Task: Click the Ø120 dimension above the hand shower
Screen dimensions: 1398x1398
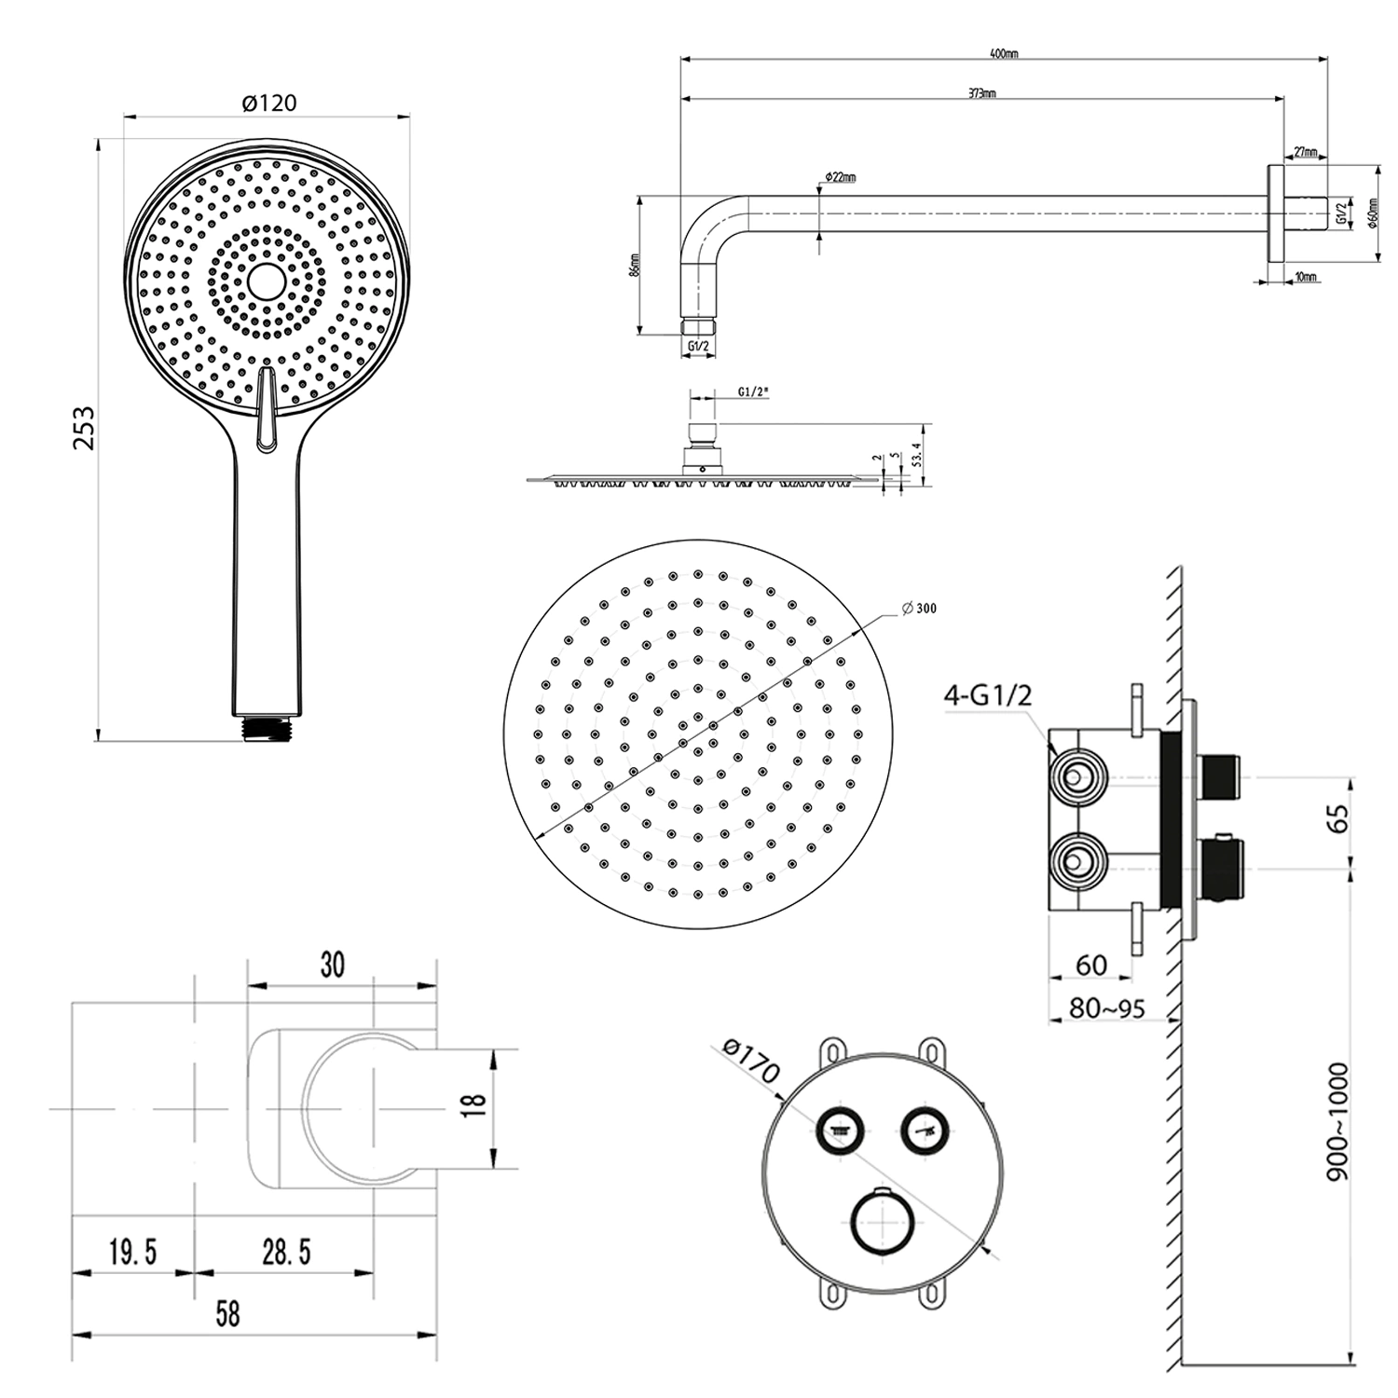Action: click(268, 102)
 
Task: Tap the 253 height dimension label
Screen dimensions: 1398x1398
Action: click(85, 427)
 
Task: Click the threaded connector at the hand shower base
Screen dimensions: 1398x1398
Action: click(267, 728)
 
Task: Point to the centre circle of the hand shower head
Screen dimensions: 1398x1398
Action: click(267, 281)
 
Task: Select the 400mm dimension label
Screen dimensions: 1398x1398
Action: click(1004, 54)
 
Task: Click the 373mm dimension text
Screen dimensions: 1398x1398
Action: click(981, 93)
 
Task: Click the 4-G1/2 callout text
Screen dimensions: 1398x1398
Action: click(988, 695)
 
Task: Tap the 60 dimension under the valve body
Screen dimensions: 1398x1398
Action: click(1090, 965)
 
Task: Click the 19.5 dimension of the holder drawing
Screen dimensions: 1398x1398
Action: click(132, 1252)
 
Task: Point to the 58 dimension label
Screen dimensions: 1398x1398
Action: click(227, 1314)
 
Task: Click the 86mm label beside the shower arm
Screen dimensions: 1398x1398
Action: click(635, 266)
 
